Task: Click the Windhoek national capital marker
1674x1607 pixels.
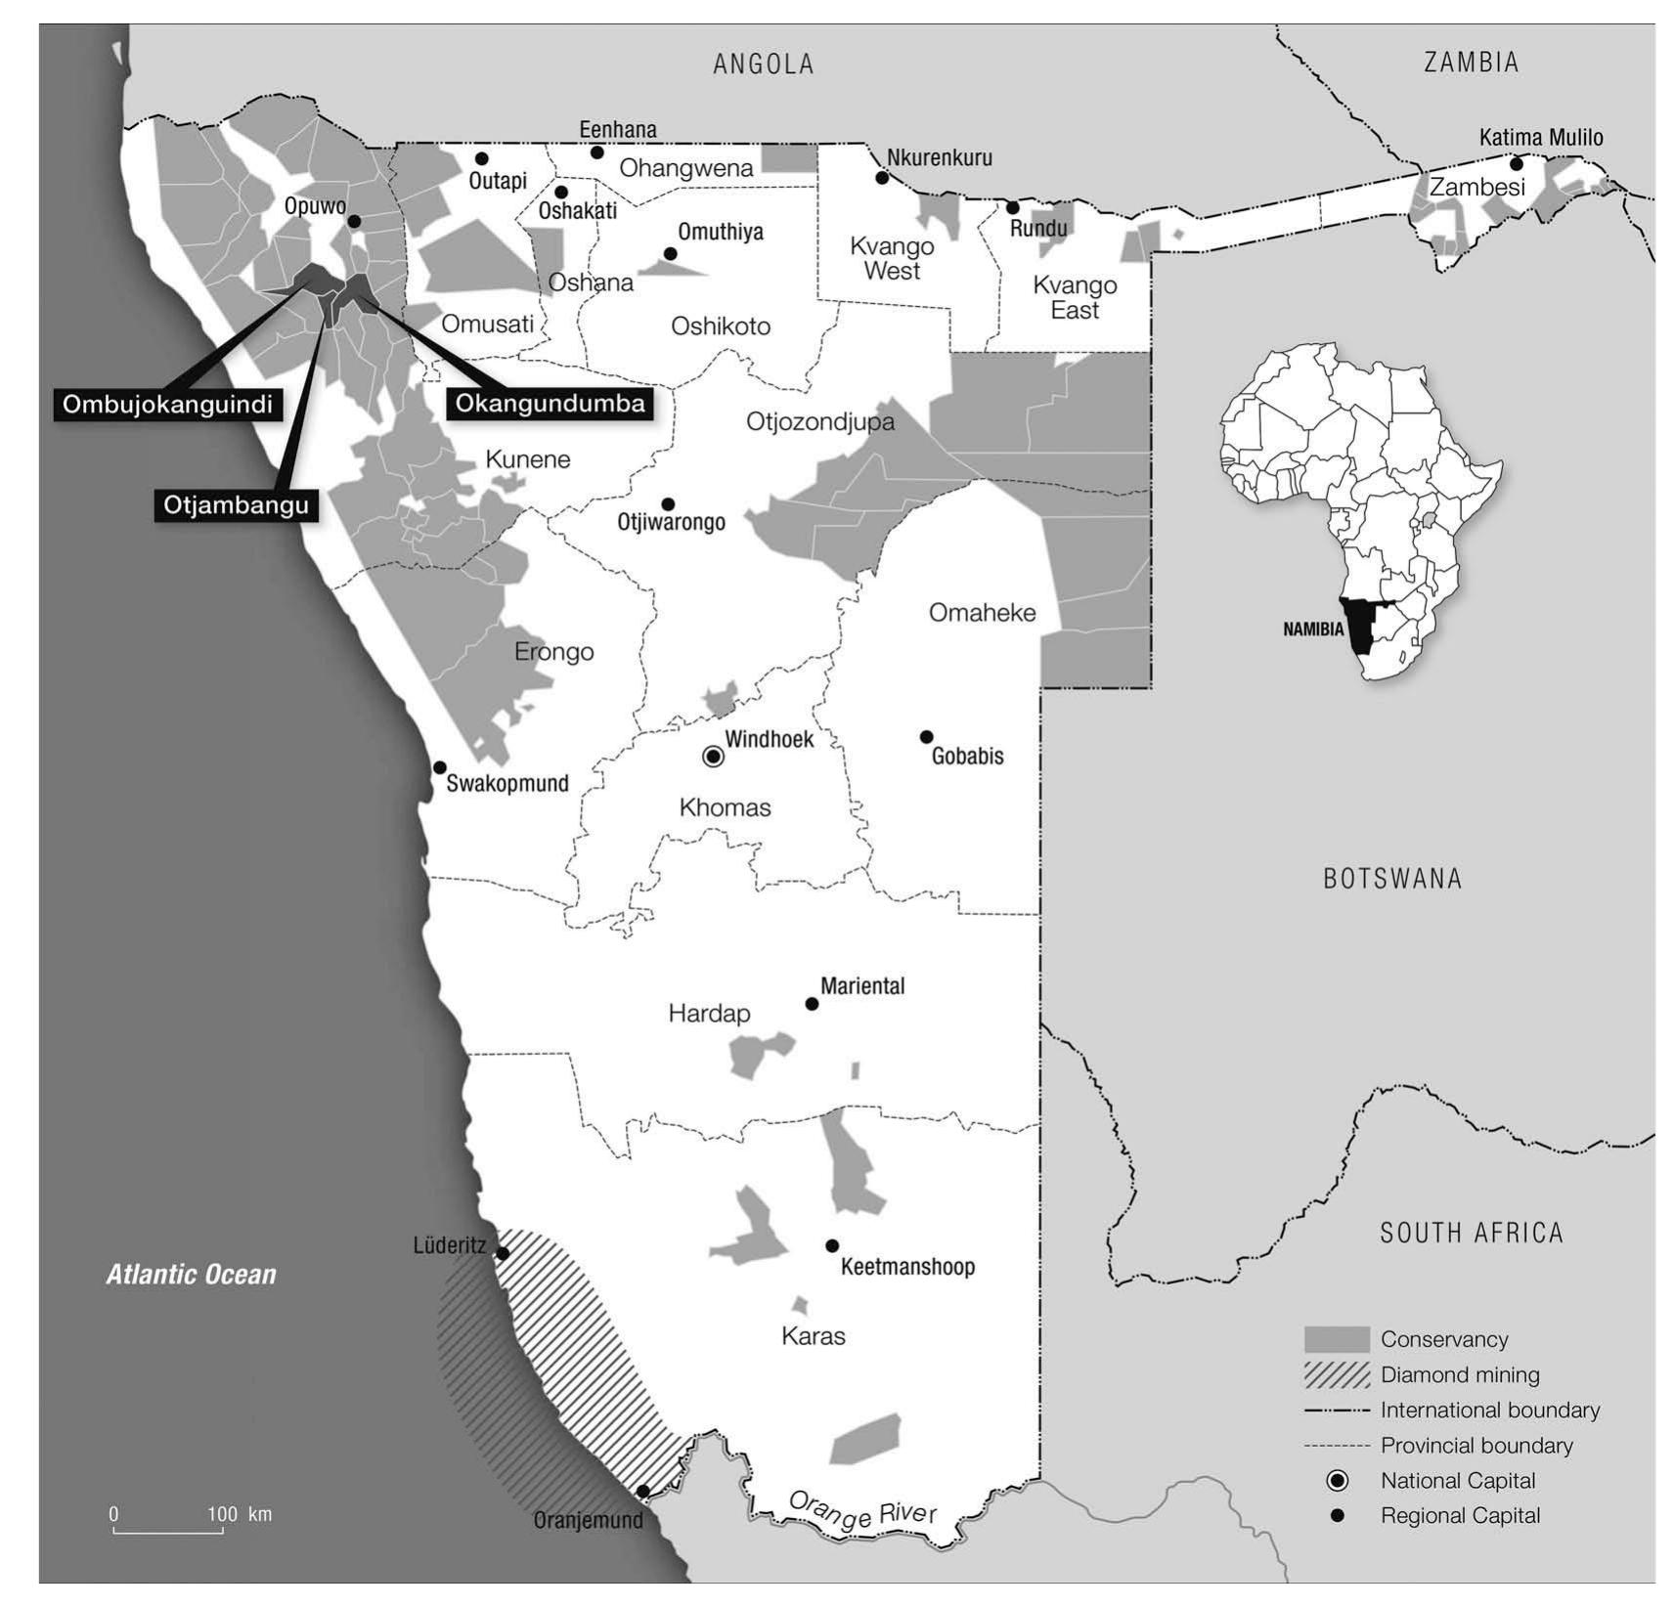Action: (714, 757)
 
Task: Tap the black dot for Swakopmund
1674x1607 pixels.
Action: (440, 767)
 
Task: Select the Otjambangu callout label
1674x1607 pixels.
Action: (236, 504)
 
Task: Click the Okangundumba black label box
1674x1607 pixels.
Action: (550, 403)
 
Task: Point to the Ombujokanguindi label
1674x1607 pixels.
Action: (167, 404)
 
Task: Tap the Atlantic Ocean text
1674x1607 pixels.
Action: (192, 1275)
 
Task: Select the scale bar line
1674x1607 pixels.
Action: (168, 1531)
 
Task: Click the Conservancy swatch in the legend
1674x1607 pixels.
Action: (1337, 1339)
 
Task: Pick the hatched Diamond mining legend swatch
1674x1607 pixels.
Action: (1337, 1374)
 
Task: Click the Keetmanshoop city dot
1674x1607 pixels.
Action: (832, 1245)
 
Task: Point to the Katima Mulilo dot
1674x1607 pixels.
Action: (1516, 164)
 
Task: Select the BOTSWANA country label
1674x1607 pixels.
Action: (1392, 879)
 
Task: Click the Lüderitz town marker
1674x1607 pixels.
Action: (503, 1253)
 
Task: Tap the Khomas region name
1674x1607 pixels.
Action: (725, 807)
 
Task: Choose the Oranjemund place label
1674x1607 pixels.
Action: (589, 1520)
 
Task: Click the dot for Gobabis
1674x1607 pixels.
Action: (926, 737)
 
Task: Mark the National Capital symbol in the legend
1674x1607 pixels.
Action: (1337, 1480)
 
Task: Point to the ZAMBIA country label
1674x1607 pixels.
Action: (1471, 63)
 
